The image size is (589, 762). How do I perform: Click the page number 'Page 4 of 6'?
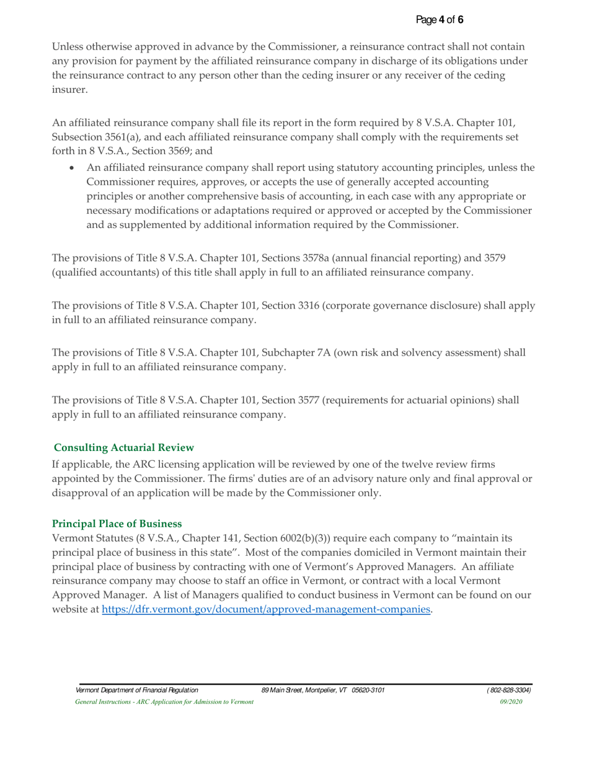tap(440, 20)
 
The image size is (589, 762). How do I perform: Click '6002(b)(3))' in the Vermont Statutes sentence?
tap(290, 522)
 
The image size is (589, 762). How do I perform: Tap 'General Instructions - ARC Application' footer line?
tap(164, 701)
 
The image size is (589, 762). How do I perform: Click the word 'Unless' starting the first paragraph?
tap(67, 47)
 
